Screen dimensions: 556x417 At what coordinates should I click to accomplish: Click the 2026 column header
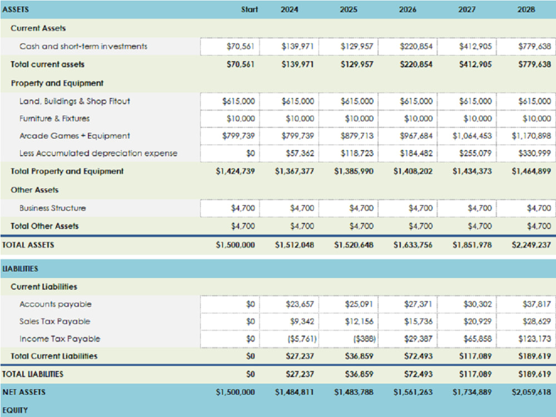pos(408,9)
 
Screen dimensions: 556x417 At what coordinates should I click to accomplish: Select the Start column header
pos(249,9)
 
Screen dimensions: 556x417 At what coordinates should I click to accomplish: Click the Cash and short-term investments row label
pos(83,47)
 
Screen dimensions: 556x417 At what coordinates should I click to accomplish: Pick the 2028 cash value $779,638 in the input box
pos(534,47)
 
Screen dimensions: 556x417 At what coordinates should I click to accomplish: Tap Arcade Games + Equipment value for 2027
pos(472,136)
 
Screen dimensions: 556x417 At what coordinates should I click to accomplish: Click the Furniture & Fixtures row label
pos(54,118)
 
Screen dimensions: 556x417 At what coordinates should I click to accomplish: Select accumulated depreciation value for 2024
pos(300,153)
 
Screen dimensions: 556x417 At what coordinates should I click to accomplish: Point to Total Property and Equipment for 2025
pos(354,171)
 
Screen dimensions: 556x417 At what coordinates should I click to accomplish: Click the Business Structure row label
pos(52,208)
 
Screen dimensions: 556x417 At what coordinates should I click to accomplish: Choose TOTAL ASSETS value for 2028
pos(531,245)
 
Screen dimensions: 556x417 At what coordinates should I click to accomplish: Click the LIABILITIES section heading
pos(20,269)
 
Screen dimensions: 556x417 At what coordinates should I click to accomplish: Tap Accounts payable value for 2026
pos(419,304)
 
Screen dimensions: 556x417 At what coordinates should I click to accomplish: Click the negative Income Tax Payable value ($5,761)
pos(302,339)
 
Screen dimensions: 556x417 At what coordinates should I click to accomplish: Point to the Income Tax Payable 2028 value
pos(534,339)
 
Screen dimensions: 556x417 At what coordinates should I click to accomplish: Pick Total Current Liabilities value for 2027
pos(475,356)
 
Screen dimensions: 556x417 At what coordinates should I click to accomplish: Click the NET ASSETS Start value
pos(235,392)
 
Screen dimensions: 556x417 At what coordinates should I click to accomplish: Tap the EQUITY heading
pos(15,410)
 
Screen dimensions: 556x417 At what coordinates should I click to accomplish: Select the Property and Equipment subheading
pos(57,83)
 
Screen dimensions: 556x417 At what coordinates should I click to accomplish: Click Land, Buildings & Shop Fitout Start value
pos(239,101)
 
